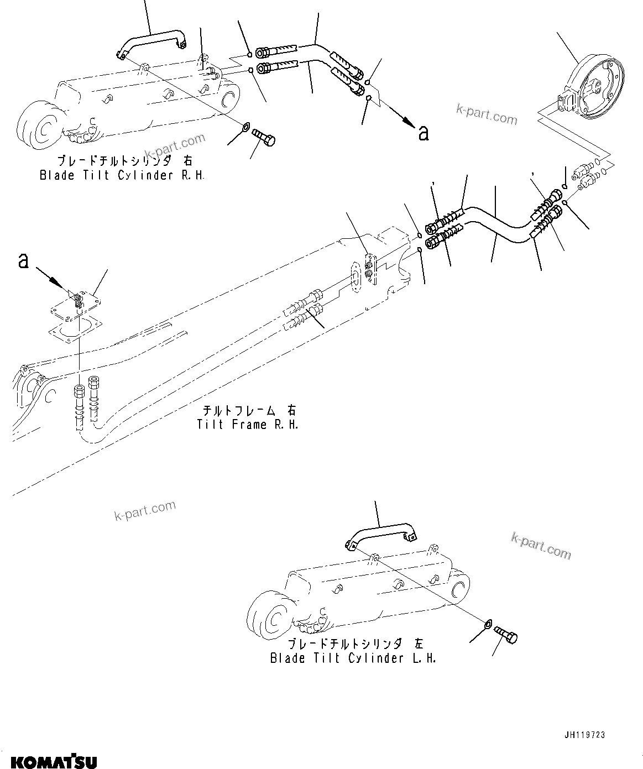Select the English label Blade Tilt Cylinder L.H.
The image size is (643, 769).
click(353, 658)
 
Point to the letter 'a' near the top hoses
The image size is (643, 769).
click(423, 132)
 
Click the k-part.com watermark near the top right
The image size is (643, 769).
click(486, 116)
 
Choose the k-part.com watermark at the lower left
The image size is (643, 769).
click(145, 510)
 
